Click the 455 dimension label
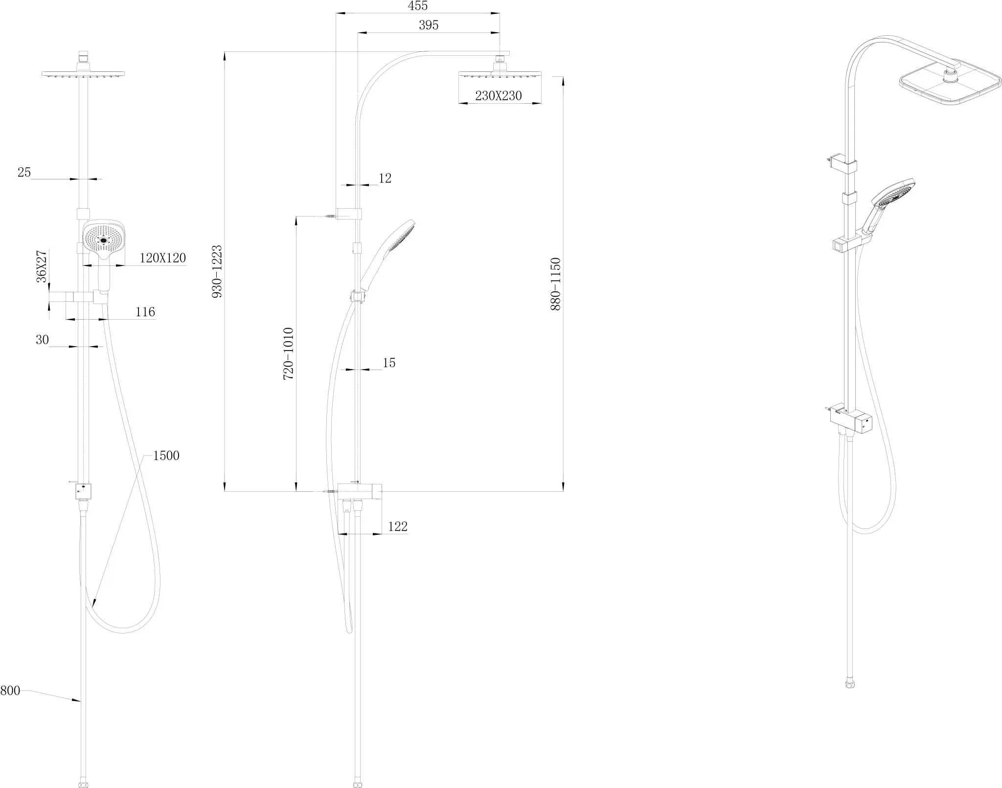click(x=418, y=6)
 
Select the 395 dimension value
click(x=429, y=25)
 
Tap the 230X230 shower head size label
click(x=499, y=96)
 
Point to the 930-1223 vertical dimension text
click(x=217, y=272)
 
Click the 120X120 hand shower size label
click(x=163, y=258)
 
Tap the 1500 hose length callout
click(x=166, y=456)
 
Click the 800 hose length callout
click(x=10, y=691)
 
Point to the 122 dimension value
click(x=398, y=527)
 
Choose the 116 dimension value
click(x=145, y=312)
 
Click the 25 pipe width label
click(x=24, y=173)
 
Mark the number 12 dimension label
click(x=385, y=178)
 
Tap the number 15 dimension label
click(x=389, y=363)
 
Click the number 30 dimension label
click(x=42, y=340)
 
